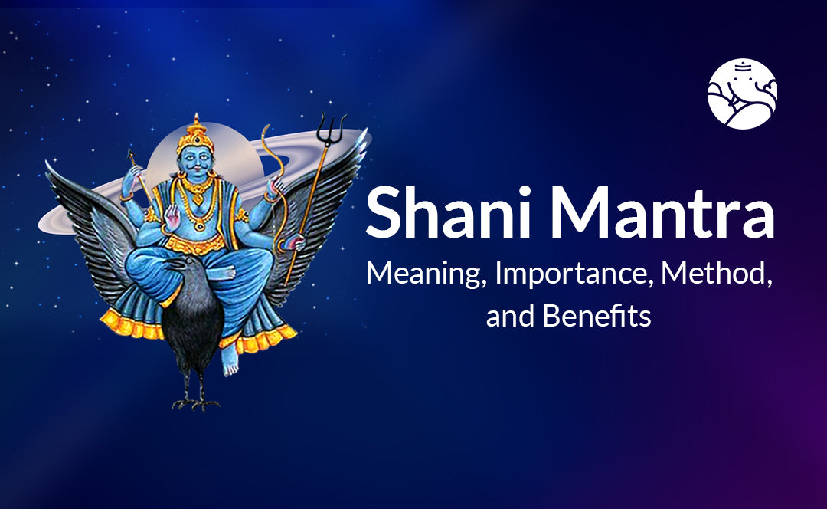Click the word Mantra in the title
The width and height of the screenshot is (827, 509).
coord(662,212)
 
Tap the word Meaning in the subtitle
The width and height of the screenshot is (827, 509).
coord(427,274)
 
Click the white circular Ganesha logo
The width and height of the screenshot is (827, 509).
coord(742,94)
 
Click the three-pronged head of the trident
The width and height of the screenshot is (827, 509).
coord(332,128)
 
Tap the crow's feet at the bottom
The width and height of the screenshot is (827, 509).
coord(196,404)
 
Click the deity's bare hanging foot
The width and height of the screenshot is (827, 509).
coord(230,360)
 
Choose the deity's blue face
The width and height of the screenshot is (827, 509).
coord(195,162)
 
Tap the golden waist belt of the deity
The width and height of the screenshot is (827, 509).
coord(195,244)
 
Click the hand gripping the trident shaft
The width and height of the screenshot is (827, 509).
coord(293,242)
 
